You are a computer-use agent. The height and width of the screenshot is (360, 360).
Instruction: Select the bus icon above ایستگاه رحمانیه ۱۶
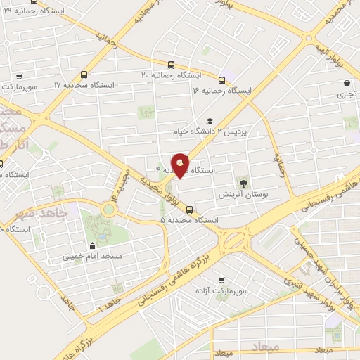click(x=222, y=80)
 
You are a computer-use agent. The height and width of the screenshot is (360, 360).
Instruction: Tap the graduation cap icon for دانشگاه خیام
click(x=210, y=121)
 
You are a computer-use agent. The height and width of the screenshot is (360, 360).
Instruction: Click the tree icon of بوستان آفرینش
click(x=244, y=183)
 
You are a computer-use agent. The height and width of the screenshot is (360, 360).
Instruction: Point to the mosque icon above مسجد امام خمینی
click(x=93, y=246)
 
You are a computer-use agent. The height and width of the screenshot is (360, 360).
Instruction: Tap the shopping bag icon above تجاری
click(x=347, y=83)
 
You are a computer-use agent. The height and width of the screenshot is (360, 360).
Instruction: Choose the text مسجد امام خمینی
click(x=94, y=257)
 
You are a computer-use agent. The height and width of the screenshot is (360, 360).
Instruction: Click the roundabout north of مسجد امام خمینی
click(x=109, y=208)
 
